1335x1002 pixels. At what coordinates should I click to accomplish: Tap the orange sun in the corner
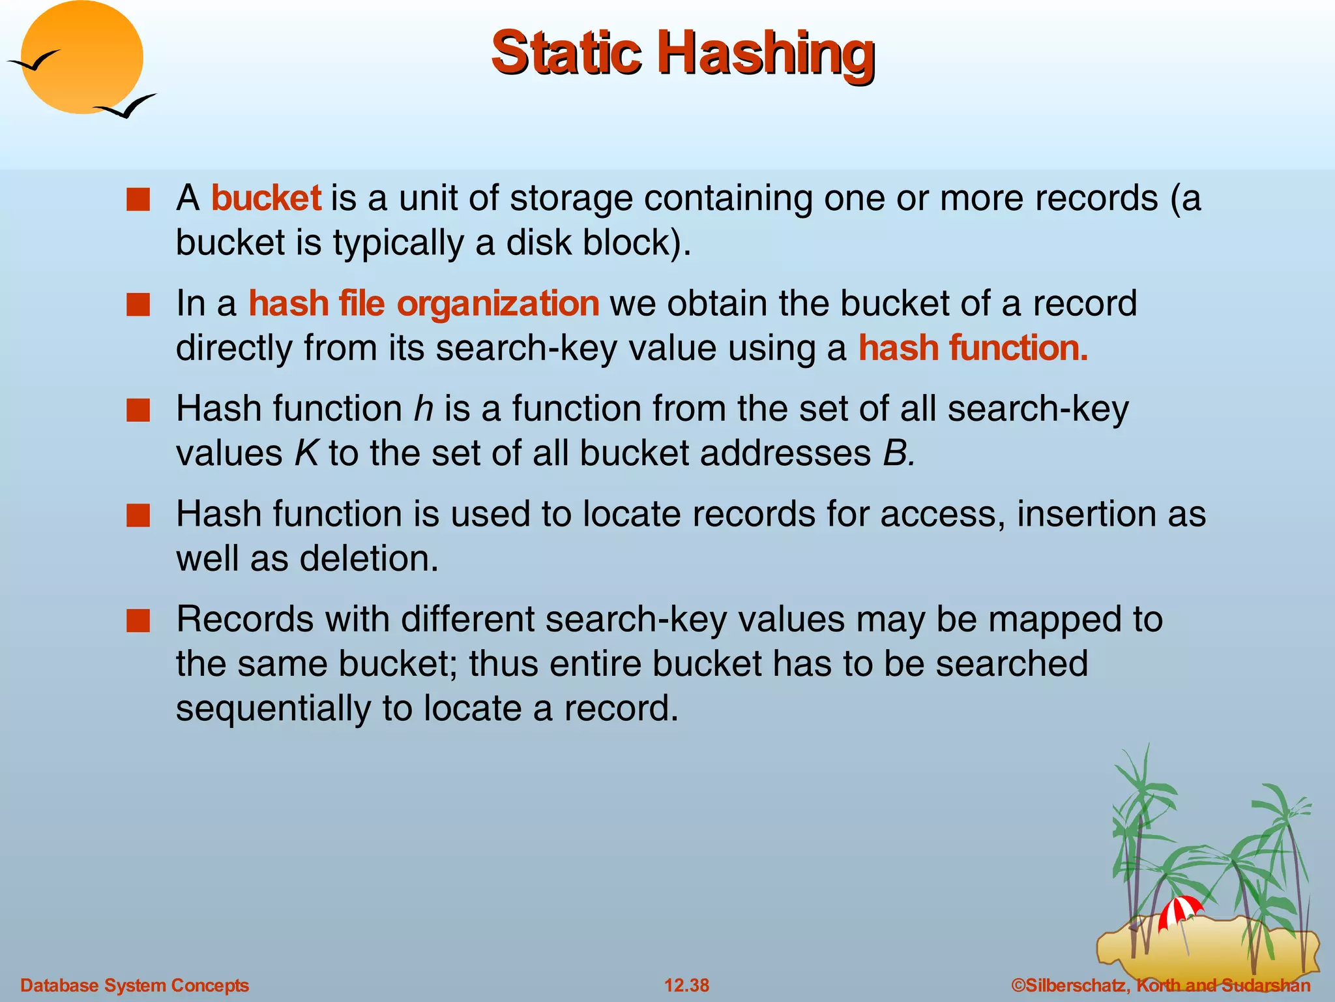(82, 57)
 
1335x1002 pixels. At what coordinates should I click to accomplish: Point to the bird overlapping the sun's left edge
(33, 63)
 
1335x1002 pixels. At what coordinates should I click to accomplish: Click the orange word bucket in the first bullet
(266, 198)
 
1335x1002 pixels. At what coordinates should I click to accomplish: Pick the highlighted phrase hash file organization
(424, 303)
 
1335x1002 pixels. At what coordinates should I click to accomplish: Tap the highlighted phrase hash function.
(973, 348)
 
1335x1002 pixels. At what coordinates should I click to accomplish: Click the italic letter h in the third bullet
(424, 409)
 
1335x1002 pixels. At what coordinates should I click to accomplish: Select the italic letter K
(306, 453)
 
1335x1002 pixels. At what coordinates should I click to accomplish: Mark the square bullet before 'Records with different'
(138, 621)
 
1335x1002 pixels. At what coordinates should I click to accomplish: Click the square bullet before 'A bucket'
(138, 200)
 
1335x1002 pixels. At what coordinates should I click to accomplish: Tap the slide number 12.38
(686, 985)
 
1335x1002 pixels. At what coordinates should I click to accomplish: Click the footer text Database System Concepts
(135, 985)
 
